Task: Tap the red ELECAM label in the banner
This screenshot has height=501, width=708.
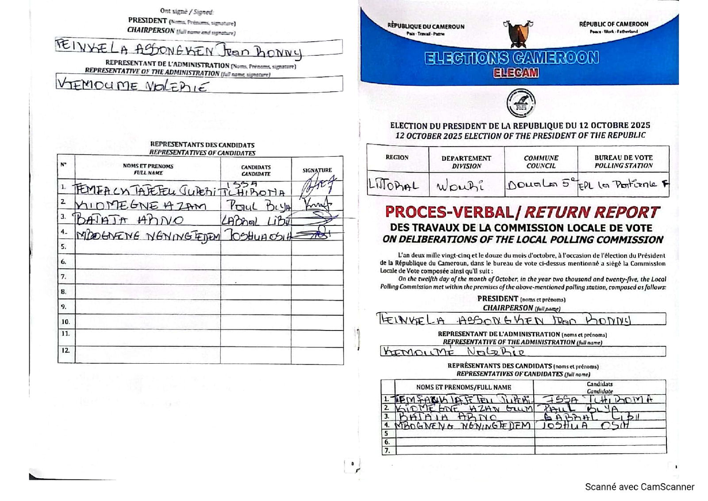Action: tap(516, 73)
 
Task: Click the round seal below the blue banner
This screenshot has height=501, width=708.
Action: tap(520, 103)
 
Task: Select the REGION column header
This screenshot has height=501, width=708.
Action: tap(397, 157)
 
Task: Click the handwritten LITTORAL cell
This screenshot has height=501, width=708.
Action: tap(393, 185)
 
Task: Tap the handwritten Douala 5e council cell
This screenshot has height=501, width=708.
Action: tap(541, 184)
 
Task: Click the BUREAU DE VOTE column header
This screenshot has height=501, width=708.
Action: tap(623, 161)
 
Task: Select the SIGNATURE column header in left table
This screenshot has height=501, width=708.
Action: tap(317, 170)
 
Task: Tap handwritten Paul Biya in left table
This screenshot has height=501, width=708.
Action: tap(258, 205)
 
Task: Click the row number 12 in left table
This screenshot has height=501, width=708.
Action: tap(65, 350)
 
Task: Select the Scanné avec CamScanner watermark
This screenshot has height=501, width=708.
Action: tap(639, 487)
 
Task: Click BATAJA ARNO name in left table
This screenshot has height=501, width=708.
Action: tap(128, 220)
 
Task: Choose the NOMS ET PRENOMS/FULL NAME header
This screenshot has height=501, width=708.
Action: tap(463, 387)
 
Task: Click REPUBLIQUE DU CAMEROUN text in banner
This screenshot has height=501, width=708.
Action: tap(426, 27)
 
